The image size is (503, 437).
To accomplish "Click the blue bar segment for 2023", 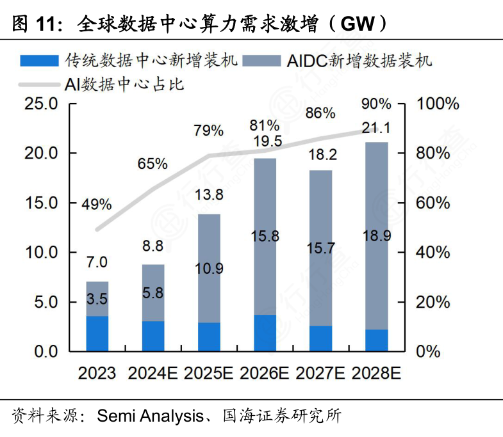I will (97, 333).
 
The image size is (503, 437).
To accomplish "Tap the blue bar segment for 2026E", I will (265, 333).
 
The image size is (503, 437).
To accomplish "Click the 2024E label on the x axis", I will (153, 373).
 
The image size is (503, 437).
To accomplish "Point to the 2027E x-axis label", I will (320, 373).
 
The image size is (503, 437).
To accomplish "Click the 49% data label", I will (97, 205).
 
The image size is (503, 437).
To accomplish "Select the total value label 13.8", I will (209, 195).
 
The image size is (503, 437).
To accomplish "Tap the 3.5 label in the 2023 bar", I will (97, 298).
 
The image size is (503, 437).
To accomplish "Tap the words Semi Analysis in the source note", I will (149, 417).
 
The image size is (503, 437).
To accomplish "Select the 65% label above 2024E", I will (153, 163).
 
